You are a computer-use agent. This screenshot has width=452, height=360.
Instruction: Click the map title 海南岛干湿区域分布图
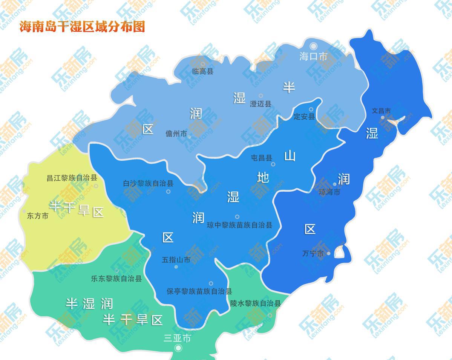(x=82, y=27)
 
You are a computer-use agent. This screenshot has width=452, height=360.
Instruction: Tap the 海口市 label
(x=313, y=57)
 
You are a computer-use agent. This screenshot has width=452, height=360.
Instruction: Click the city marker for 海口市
(x=314, y=46)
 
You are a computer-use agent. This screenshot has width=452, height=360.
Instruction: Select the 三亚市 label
(x=177, y=338)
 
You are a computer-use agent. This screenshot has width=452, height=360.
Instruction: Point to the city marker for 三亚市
(x=178, y=348)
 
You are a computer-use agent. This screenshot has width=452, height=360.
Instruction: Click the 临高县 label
(x=202, y=71)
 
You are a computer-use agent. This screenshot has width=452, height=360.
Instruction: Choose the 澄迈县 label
(x=260, y=104)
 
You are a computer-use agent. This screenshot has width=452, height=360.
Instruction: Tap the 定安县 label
(x=304, y=116)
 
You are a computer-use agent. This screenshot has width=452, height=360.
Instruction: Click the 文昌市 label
(x=381, y=111)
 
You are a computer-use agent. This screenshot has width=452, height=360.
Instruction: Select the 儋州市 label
(x=176, y=134)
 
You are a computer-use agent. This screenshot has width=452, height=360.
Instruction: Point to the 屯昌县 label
(x=261, y=158)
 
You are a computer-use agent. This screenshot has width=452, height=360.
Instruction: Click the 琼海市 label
(x=329, y=192)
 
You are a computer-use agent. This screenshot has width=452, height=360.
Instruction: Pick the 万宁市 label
(x=313, y=254)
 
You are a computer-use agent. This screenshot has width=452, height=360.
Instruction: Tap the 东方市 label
(x=38, y=216)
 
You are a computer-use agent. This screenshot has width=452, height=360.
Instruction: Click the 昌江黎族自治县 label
(x=72, y=178)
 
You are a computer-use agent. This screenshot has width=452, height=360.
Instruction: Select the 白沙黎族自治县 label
(x=148, y=183)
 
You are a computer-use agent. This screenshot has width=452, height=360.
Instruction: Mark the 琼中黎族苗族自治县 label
(x=239, y=225)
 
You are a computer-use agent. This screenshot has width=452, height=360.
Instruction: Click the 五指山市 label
(x=176, y=260)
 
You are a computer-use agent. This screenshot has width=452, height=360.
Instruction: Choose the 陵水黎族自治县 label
(x=256, y=303)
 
